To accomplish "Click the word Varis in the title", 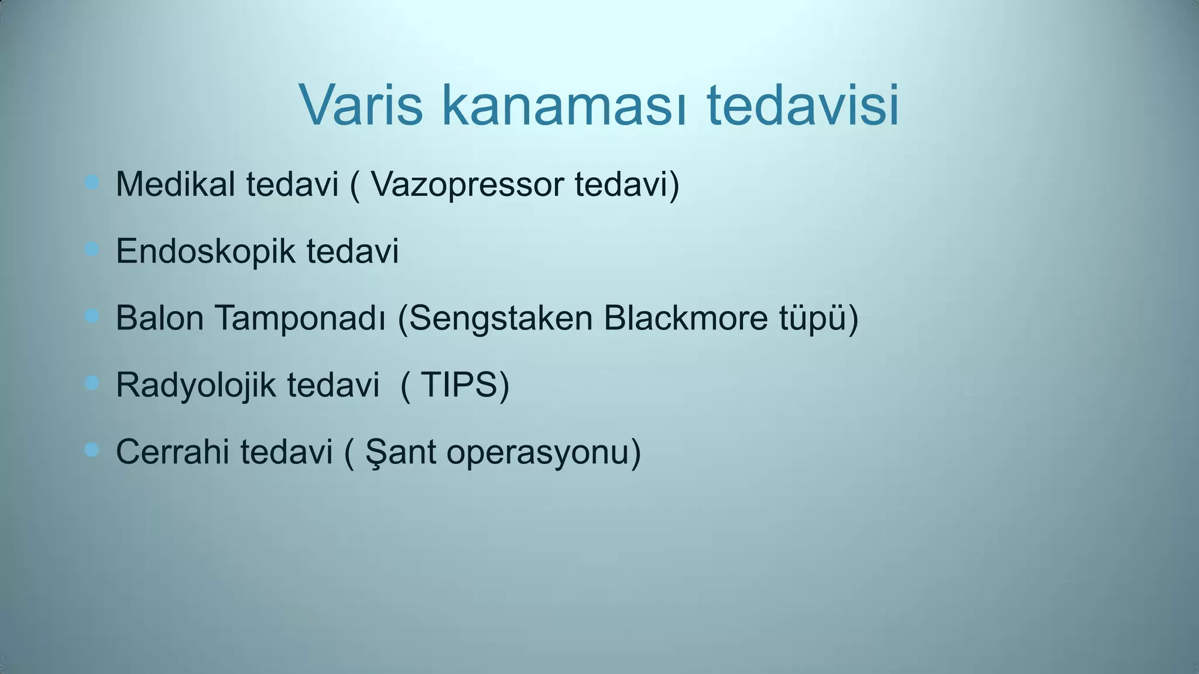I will point(361,106).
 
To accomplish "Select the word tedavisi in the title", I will point(803,106).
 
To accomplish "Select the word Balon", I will point(159,318).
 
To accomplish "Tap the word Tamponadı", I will point(300,319).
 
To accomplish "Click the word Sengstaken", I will point(500,319).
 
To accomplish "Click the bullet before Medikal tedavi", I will point(91,183).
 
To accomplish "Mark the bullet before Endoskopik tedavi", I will point(91,250).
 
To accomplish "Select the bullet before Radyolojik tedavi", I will point(91,383).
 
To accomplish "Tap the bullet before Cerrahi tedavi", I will point(91,450).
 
